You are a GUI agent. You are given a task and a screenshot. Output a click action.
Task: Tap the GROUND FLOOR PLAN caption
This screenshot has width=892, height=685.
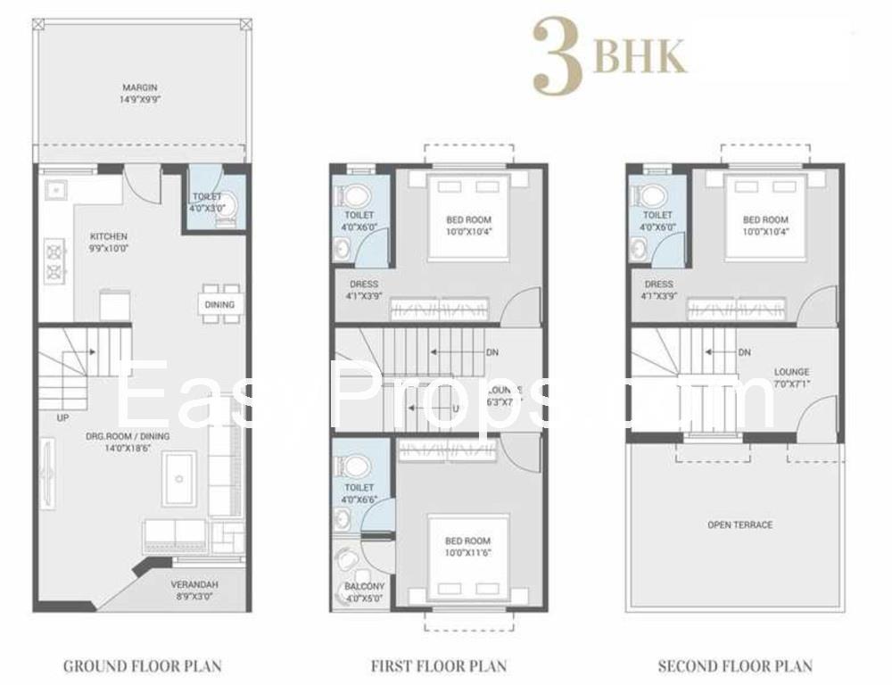coord(142,665)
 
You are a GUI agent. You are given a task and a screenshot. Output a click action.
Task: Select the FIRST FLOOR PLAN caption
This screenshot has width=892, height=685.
coord(439,665)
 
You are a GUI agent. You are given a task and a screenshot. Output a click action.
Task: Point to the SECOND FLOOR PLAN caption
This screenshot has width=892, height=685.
coord(735,665)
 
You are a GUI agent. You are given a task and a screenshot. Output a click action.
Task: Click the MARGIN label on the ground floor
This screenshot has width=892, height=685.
coord(140,87)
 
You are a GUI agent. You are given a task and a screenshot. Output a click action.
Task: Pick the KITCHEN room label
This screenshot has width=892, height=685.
coord(108,236)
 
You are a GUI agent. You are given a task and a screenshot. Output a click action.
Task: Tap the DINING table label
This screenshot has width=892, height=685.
coord(219,304)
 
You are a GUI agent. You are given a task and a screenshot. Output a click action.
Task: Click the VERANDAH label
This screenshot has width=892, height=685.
coord(194,584)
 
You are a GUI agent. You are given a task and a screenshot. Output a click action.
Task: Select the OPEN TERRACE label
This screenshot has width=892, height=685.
coord(739,524)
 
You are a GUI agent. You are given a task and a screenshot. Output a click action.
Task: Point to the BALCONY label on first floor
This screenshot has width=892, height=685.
coord(364,586)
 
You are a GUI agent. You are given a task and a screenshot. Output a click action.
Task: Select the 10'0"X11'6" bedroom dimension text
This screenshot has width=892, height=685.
coord(468,552)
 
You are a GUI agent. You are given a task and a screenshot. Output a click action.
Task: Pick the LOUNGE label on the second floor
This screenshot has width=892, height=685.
coord(791,372)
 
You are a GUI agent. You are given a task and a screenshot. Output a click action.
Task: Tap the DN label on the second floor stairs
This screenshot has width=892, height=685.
coord(744,352)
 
